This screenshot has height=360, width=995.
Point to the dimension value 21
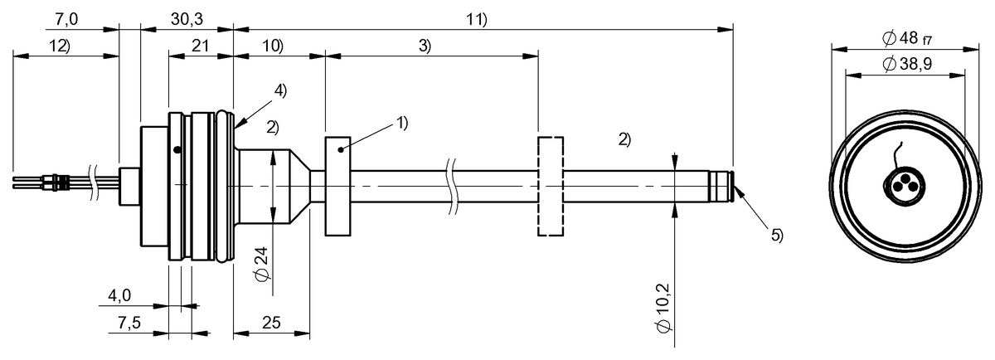coord(200,46)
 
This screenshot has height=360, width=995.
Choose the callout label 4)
coord(280,92)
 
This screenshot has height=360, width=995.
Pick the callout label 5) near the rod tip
coord(776,235)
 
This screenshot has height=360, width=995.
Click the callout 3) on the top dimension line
coord(424,46)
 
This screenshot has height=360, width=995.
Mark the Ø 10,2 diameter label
coord(663,308)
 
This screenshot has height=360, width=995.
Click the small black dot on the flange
coord(177,149)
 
